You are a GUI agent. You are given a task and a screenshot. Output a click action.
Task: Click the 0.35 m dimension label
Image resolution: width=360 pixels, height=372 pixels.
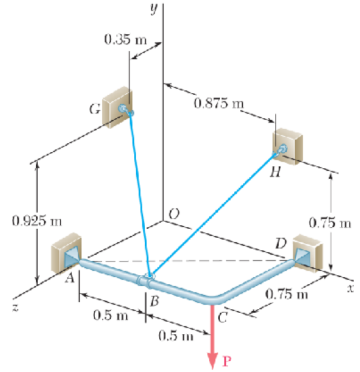[124, 40]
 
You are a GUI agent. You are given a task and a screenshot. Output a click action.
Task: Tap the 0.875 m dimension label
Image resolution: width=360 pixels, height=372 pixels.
[220, 103]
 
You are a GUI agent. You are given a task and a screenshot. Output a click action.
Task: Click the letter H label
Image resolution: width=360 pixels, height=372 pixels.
[274, 173]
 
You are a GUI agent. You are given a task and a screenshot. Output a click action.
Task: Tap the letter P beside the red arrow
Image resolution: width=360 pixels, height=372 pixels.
[227, 360]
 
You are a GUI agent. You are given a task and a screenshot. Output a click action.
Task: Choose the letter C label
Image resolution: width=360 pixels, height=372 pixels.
[221, 317]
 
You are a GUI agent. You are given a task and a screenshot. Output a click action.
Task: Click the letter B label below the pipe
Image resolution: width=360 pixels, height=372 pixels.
[154, 302]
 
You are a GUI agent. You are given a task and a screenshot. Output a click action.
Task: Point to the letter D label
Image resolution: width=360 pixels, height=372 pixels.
[281, 243]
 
